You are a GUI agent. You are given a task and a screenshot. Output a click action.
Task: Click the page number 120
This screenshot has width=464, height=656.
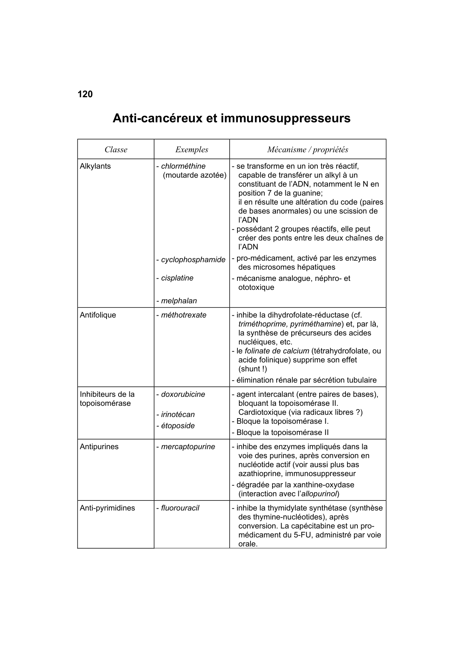click(x=85, y=94)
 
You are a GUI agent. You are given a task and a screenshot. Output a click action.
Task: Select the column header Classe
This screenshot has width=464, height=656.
click(x=116, y=150)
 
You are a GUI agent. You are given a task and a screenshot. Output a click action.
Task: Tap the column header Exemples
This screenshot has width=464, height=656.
click(x=192, y=150)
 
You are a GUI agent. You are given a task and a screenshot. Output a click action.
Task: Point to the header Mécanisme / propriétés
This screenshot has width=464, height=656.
click(x=307, y=150)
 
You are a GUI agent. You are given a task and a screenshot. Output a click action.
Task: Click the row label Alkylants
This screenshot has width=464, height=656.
click(x=95, y=166)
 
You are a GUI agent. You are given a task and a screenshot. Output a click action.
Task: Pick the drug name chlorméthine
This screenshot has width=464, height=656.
click(x=183, y=166)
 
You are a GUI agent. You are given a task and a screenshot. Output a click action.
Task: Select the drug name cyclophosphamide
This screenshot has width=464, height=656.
click(x=193, y=260)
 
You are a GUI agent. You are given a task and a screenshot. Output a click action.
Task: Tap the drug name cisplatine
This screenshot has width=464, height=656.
click(x=177, y=278)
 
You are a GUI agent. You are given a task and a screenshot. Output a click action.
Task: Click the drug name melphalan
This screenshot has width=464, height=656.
click(x=179, y=301)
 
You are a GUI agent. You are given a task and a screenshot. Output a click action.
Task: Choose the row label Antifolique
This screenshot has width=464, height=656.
click(x=98, y=315)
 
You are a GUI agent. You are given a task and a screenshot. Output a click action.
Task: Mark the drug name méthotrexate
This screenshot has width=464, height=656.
click(x=184, y=315)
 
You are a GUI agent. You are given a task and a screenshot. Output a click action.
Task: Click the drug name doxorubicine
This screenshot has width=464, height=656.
click(x=183, y=394)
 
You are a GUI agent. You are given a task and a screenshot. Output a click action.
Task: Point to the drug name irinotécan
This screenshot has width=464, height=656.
click(x=178, y=414)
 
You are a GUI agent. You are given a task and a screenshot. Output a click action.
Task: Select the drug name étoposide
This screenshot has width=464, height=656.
click(x=178, y=426)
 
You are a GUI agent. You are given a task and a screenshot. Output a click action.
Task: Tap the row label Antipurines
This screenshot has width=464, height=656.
click(x=99, y=447)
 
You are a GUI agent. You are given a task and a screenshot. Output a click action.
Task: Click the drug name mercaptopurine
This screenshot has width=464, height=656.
click(x=188, y=447)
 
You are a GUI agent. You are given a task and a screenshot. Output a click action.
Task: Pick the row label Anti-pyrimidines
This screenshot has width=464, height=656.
click(x=107, y=508)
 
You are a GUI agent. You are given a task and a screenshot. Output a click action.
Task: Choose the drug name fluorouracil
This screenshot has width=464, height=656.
click(x=180, y=508)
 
